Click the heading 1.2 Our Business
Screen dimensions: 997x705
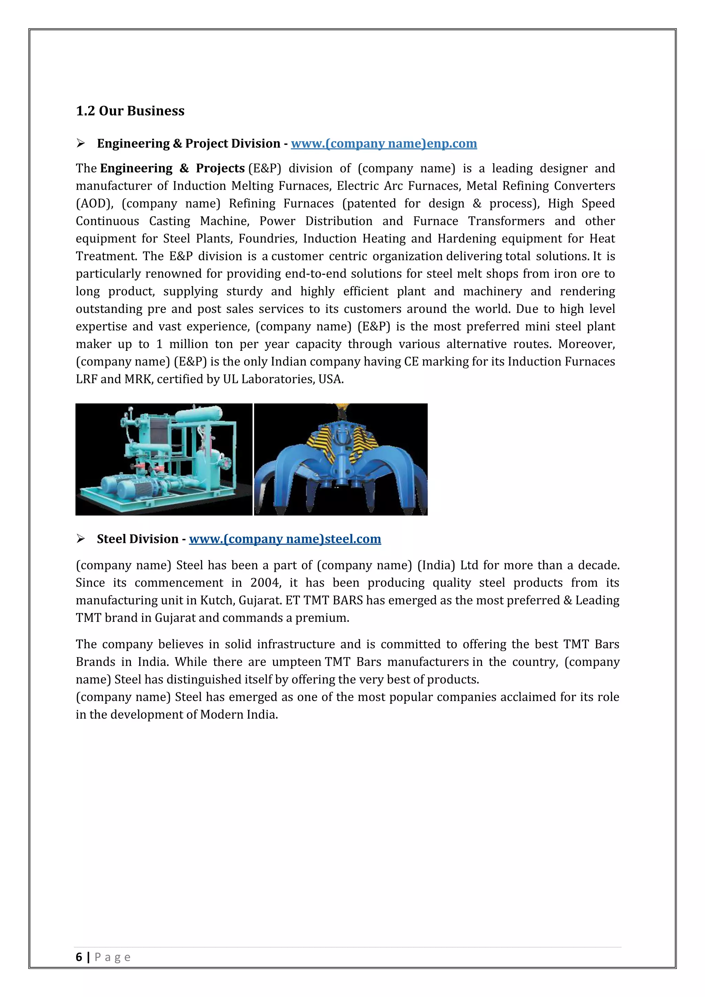(130, 111)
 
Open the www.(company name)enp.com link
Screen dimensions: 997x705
(384, 144)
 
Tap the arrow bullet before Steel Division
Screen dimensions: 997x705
(80, 539)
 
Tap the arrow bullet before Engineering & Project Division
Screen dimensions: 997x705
(80, 143)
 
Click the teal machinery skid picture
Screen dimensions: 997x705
(164, 459)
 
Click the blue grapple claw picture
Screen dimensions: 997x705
(341, 459)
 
